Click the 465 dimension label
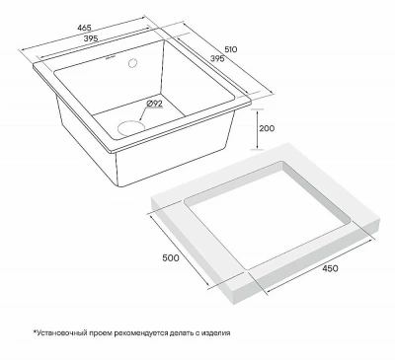click(x=84, y=28)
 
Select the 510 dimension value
click(x=231, y=49)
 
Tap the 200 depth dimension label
click(x=267, y=128)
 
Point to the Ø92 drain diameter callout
click(x=154, y=104)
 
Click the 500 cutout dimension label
click(x=171, y=257)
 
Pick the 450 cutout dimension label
click(x=330, y=268)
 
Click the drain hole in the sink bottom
click(x=131, y=128)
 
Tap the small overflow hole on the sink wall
click(x=133, y=62)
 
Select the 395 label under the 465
click(x=91, y=38)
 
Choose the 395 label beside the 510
click(x=217, y=59)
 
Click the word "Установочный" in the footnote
click(x=57, y=332)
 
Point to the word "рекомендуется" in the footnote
click(x=139, y=332)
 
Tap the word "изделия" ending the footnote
click(x=217, y=332)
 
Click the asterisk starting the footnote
click(x=34, y=331)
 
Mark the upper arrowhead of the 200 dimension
click(x=258, y=111)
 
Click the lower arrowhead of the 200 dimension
click(x=258, y=146)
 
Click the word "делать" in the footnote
click(x=179, y=332)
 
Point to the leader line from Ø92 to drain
click(x=143, y=114)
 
